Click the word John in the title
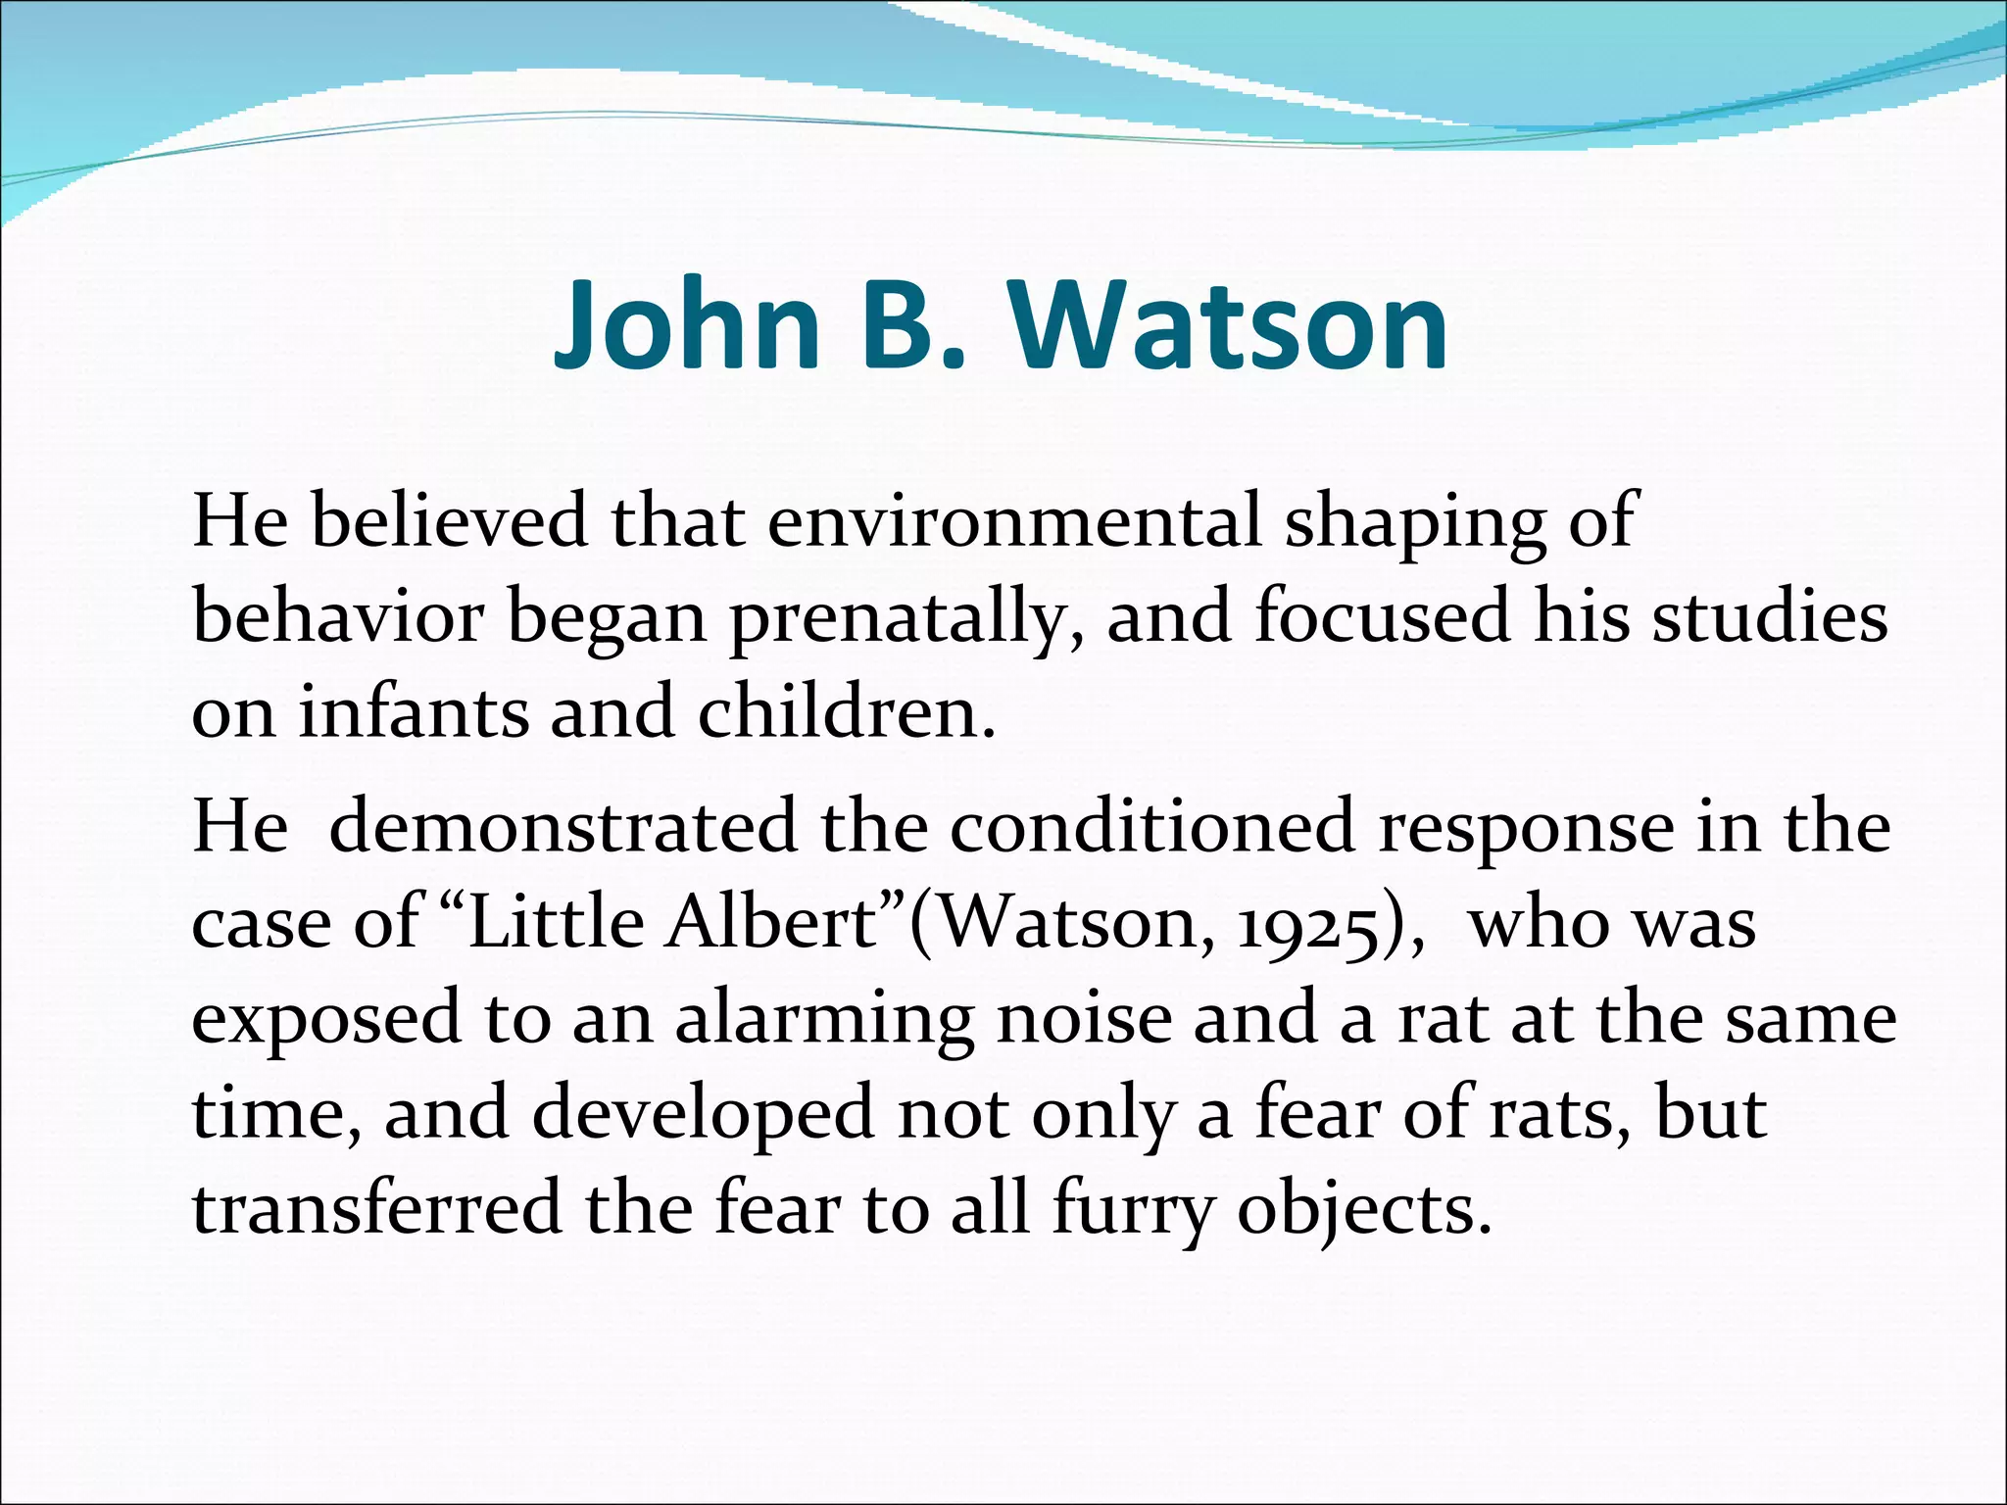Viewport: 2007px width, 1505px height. (686, 325)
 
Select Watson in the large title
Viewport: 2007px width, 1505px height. (1229, 325)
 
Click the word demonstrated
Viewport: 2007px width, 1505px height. (563, 827)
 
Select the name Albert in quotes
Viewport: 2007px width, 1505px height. (770, 923)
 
